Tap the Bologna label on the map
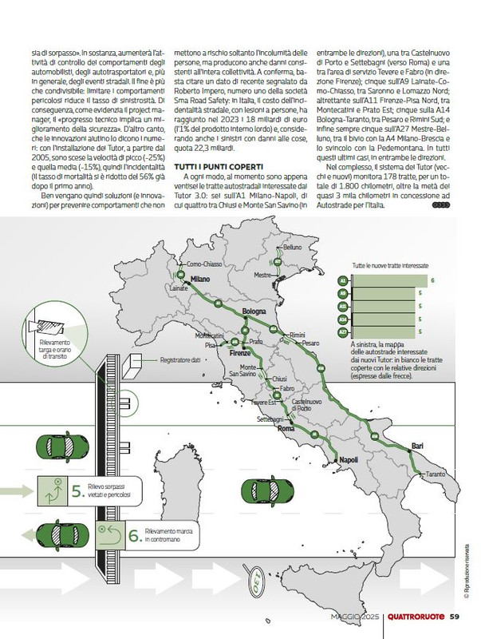point(254,310)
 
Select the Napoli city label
point(348,461)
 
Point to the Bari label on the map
point(416,445)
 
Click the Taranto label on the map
point(436,474)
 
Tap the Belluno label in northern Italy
point(292,248)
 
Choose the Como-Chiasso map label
point(204,264)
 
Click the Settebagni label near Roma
point(270,419)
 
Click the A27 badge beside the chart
point(343,331)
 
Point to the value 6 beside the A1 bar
point(432,281)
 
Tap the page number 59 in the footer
point(453,615)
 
